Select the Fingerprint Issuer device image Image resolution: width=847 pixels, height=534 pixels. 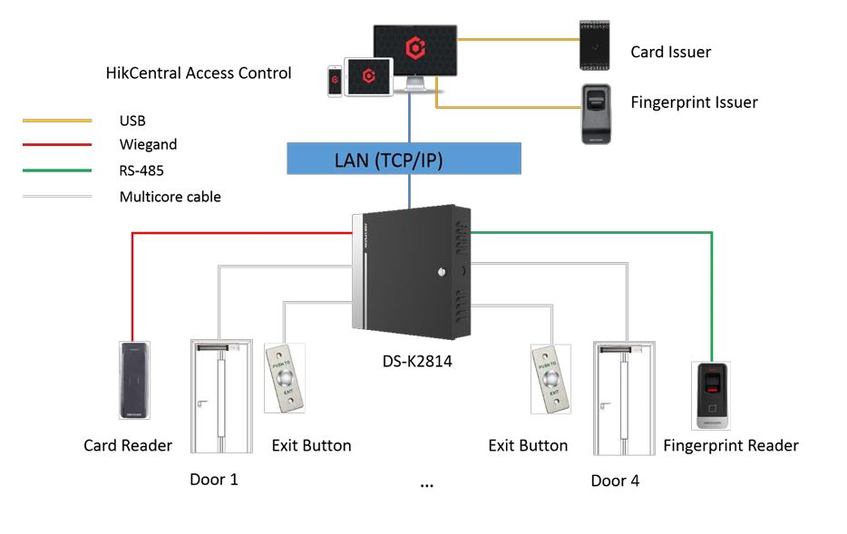click(598, 113)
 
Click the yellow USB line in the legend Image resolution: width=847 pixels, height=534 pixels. click(56, 121)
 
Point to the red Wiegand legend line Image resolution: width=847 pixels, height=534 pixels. click(56, 145)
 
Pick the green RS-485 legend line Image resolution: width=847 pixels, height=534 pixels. click(56, 170)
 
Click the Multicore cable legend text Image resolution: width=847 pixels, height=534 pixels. click(170, 196)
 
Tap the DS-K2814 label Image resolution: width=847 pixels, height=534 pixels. click(417, 361)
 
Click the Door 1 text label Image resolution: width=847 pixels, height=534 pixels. click(214, 480)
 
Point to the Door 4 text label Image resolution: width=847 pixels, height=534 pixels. click(615, 481)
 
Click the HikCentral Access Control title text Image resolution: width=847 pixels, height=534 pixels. click(199, 73)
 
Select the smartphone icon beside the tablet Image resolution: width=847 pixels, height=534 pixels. click(335, 80)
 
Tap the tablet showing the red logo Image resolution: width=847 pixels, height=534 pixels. click(368, 75)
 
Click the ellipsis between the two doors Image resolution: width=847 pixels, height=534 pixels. click(427, 486)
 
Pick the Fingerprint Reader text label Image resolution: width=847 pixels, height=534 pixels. click(731, 445)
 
